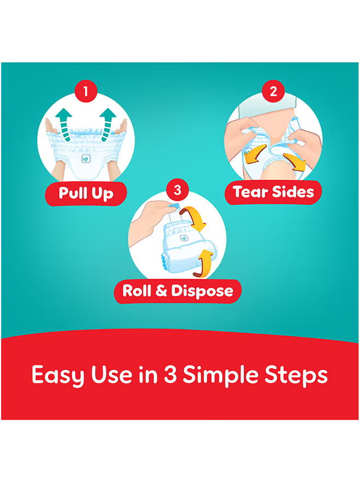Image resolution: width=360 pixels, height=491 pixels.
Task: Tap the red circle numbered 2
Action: pos(273,91)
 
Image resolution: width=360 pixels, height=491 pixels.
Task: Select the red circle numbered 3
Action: pos(177,190)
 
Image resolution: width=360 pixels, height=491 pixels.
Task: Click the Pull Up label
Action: pos(86,193)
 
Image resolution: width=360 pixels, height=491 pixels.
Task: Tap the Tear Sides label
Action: pos(273,192)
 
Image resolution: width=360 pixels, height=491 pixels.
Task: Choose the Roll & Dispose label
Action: pos(178,291)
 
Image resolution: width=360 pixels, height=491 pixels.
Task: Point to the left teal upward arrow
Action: pos(64,124)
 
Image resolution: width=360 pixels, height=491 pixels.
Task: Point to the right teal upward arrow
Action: pos(107,124)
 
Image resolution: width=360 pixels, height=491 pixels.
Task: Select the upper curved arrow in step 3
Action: pos(195,218)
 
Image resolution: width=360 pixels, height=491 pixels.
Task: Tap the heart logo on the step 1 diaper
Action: pos(86,159)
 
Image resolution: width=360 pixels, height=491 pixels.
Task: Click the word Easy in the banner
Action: pos(58,375)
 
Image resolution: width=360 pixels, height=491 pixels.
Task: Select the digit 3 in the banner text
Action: pos(170,374)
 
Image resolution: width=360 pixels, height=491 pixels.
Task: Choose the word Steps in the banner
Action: pos(296,375)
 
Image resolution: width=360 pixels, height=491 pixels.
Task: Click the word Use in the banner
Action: pos(111,374)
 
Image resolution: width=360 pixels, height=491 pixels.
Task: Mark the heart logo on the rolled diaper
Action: pos(183,238)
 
